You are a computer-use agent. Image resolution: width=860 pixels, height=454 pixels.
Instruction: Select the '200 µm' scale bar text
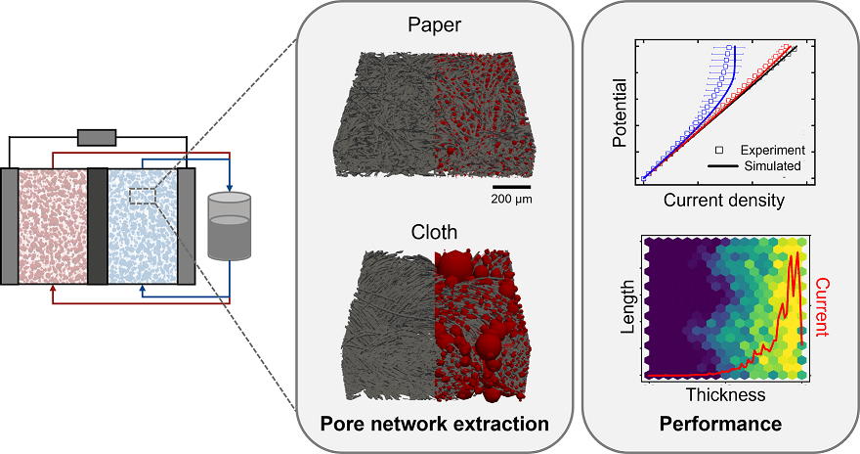(x=511, y=199)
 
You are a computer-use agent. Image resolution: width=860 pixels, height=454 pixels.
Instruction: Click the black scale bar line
(x=511, y=185)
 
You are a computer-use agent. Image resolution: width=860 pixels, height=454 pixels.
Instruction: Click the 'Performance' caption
(x=720, y=425)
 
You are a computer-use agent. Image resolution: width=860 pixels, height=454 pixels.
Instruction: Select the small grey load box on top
(x=97, y=138)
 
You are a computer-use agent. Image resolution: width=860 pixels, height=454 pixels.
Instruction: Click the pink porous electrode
(x=53, y=226)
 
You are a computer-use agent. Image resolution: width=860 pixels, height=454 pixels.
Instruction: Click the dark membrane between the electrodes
(x=97, y=226)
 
